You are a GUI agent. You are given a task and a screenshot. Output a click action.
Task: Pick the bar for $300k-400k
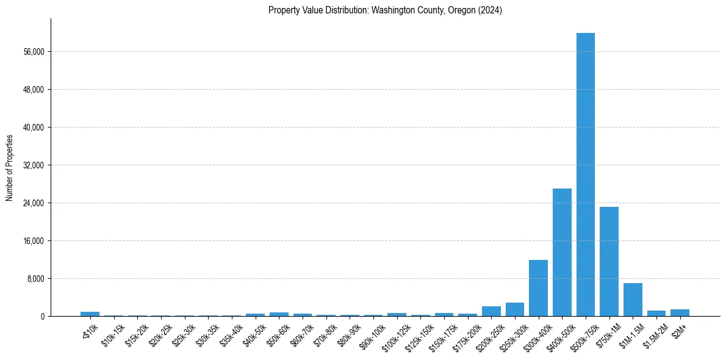(x=538, y=288)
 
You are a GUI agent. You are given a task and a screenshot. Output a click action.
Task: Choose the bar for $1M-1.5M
(x=633, y=300)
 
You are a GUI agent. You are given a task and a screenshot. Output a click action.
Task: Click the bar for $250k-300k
(x=514, y=309)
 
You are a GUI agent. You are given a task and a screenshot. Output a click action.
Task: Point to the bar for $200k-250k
(x=491, y=311)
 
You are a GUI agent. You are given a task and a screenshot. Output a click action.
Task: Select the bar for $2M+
(x=680, y=312)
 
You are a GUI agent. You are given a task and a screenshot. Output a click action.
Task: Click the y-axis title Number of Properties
(x=10, y=167)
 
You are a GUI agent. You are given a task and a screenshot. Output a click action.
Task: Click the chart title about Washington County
(x=385, y=10)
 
